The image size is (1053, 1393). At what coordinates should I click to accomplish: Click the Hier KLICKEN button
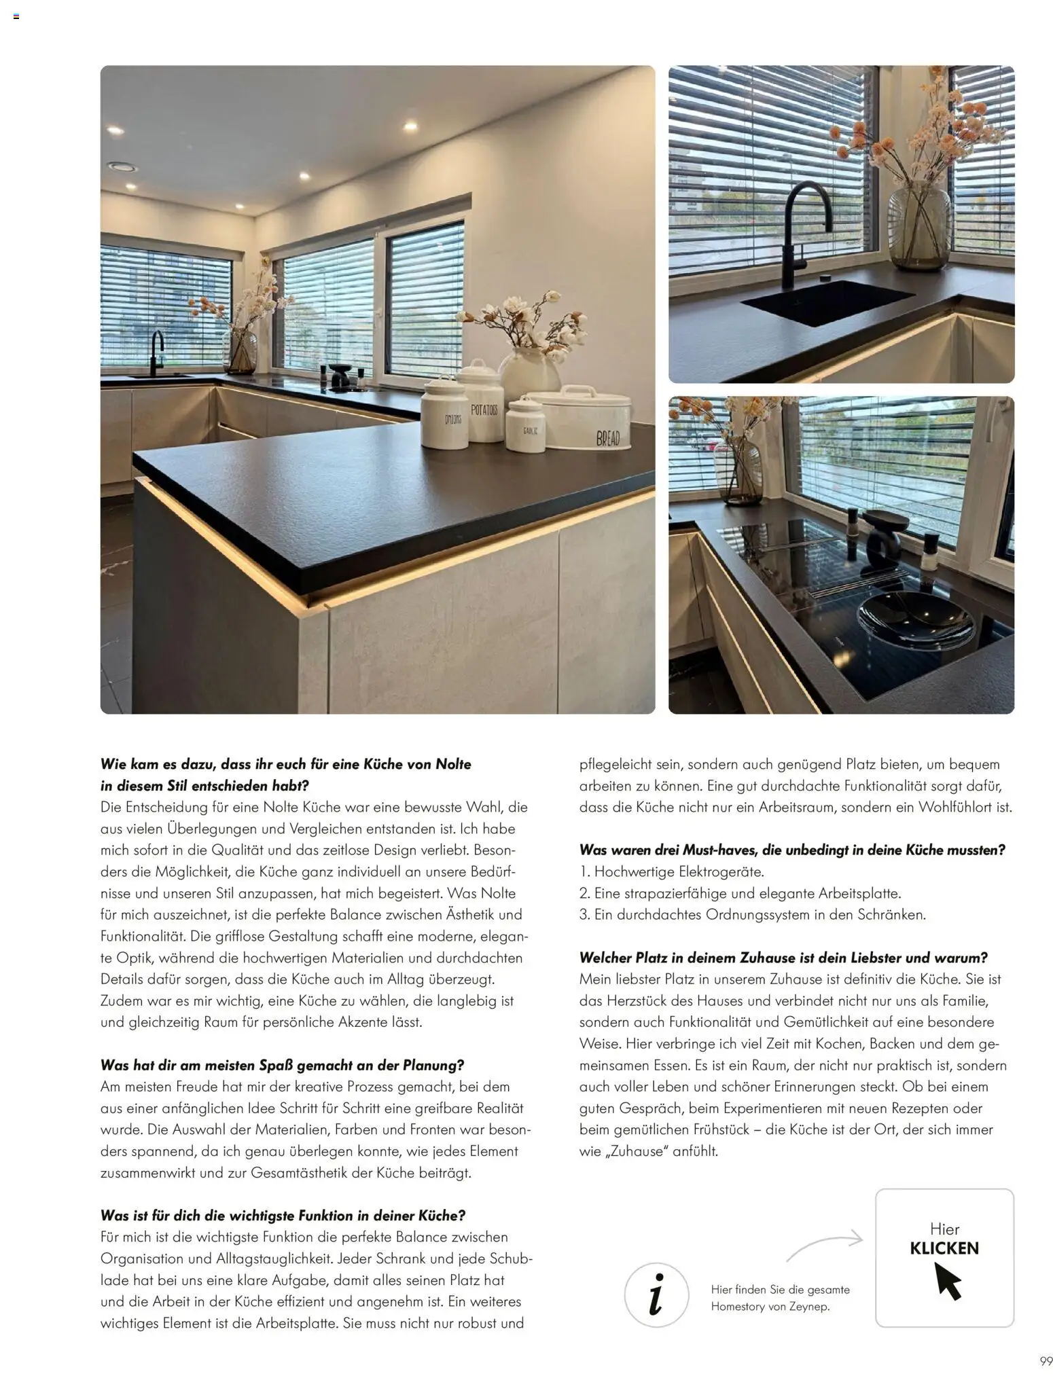coord(944,1257)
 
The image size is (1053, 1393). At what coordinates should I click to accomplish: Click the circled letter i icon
coord(656,1295)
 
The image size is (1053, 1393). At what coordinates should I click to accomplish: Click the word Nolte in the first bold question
coord(453,764)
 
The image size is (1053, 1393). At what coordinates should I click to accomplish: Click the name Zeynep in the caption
coord(808,1306)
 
